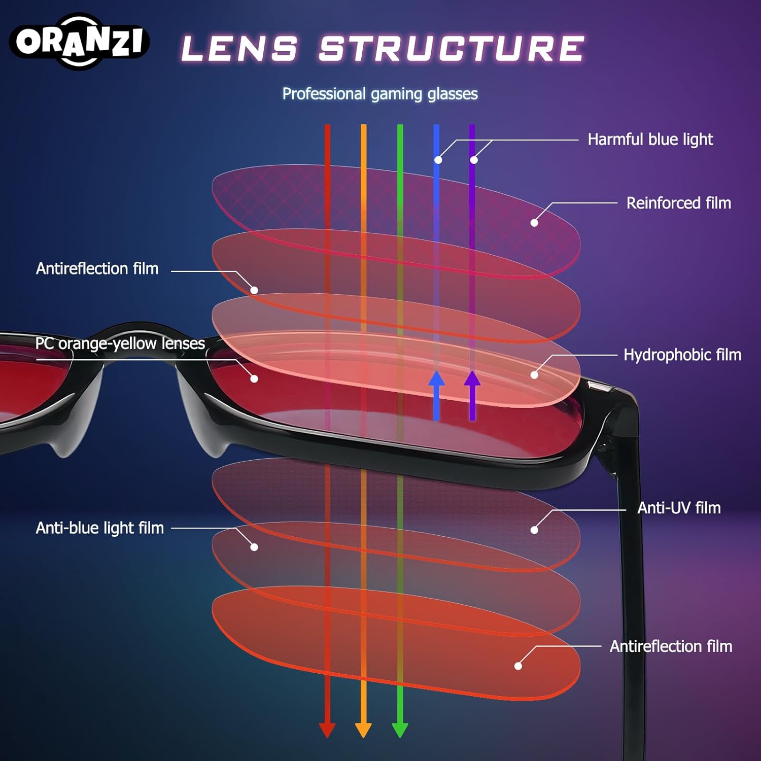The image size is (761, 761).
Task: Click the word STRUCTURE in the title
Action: tap(452, 49)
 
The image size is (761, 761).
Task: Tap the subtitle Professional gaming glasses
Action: tap(380, 94)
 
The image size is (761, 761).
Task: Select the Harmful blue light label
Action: tap(650, 140)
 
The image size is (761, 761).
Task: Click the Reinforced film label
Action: tap(678, 203)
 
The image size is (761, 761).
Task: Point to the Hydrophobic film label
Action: tap(682, 355)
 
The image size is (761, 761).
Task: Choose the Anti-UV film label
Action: tap(678, 508)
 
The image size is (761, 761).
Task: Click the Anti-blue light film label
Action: tap(100, 528)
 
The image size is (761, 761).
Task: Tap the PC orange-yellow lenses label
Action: tap(120, 343)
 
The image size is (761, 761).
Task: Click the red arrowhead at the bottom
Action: tap(327, 729)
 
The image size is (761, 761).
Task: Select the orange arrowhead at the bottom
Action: tap(363, 729)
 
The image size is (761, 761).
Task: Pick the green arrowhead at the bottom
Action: tap(400, 729)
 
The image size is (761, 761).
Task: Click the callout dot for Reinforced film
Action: tap(534, 223)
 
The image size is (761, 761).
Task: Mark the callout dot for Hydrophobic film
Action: tap(534, 375)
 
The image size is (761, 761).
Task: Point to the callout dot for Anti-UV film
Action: tap(534, 530)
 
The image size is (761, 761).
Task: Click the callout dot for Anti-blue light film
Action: tap(254, 547)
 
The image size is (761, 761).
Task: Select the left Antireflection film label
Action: tap(97, 268)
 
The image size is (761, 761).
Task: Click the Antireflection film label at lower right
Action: tap(671, 646)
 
